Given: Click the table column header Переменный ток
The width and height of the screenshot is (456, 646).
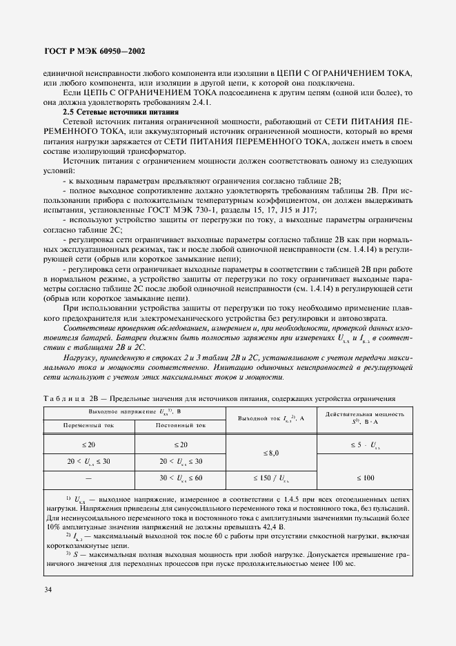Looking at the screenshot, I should [90, 425].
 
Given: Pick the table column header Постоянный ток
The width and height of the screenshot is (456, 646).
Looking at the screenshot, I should [181, 425].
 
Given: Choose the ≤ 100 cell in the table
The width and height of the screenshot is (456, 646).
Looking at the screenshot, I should [364, 477].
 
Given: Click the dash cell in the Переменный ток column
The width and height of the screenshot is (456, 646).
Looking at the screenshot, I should [90, 477].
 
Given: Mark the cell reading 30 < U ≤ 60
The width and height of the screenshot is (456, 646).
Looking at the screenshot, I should [181, 477].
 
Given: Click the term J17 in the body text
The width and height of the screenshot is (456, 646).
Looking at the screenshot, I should [310, 210].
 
